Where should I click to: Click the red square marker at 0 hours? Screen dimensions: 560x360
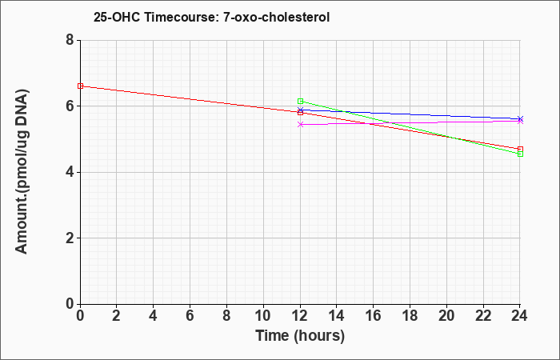pos(80,86)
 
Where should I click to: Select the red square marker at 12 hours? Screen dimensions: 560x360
pos(300,113)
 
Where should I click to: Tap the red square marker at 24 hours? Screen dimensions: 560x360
pos(520,149)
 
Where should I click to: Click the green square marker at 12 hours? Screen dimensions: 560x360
pos(300,101)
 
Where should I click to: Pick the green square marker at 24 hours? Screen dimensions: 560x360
pos(520,154)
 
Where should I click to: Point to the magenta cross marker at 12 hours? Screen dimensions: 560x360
pos(300,124)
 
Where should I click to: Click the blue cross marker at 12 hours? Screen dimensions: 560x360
pos(300,110)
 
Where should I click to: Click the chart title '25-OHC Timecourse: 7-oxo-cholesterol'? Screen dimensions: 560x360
pos(211,17)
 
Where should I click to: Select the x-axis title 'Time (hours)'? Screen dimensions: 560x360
pos(300,336)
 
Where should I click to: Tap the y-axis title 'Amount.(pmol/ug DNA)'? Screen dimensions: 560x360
pos(22,172)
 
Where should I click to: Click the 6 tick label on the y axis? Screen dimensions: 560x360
pos(70,106)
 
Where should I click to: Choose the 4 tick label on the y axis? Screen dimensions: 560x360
pos(70,172)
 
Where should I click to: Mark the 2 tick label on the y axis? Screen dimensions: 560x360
pos(70,238)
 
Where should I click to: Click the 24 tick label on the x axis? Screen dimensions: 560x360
pos(519,316)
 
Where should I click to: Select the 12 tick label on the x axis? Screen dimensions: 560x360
pos(300,316)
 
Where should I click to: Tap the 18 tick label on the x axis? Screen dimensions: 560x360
pos(410,316)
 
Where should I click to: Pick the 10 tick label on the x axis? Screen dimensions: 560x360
pos(263,316)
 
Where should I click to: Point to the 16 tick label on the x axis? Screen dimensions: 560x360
pos(374,316)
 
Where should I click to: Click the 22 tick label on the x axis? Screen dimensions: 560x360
pos(483,316)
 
